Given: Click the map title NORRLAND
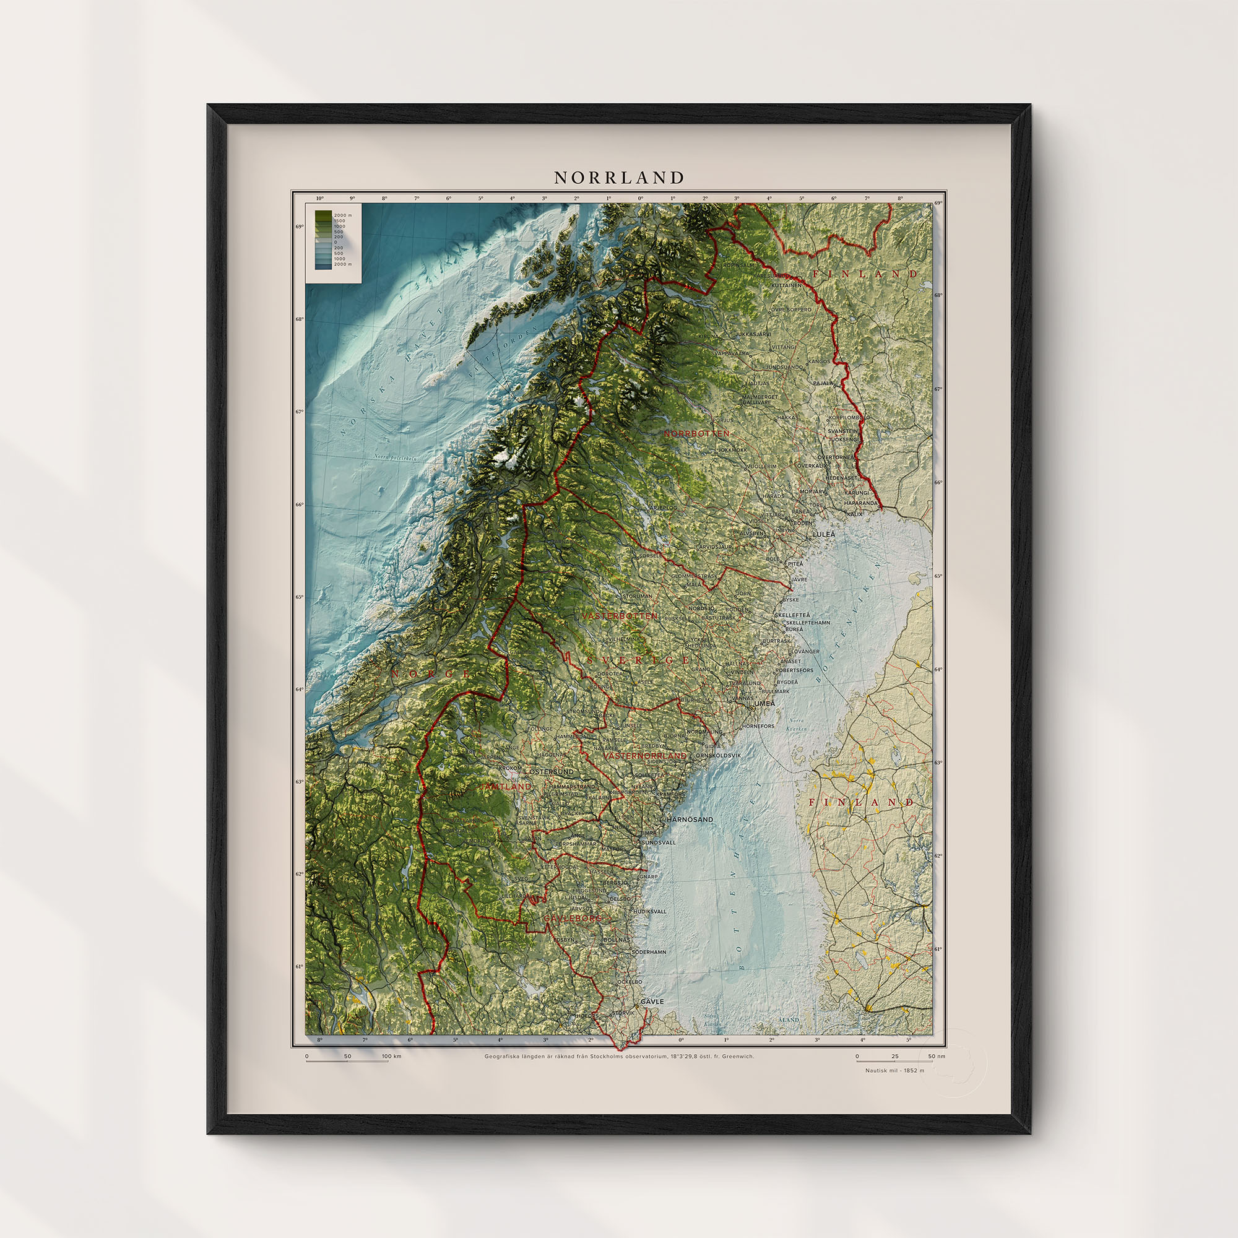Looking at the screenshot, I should click(619, 178).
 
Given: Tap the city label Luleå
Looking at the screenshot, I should click(824, 534).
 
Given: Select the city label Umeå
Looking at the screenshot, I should click(764, 703).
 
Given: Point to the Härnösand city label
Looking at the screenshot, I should click(690, 820).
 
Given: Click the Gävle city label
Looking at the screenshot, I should click(652, 1002).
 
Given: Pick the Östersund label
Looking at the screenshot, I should click(551, 771).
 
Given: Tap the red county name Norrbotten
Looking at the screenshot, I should click(696, 433).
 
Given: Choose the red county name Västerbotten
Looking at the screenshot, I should click(619, 616).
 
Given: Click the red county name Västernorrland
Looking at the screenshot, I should click(645, 756).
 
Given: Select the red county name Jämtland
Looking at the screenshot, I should click(506, 786).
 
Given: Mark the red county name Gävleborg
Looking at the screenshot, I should click(572, 918).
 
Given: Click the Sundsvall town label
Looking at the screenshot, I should click(658, 842).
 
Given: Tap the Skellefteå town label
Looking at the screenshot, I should click(793, 615).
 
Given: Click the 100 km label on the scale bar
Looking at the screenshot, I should click(392, 1056).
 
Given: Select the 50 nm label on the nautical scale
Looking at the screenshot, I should click(937, 1056).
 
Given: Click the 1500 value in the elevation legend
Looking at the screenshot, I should click(340, 221).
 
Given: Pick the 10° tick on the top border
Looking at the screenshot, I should click(320, 199).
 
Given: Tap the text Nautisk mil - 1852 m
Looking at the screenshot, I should click(894, 1070).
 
